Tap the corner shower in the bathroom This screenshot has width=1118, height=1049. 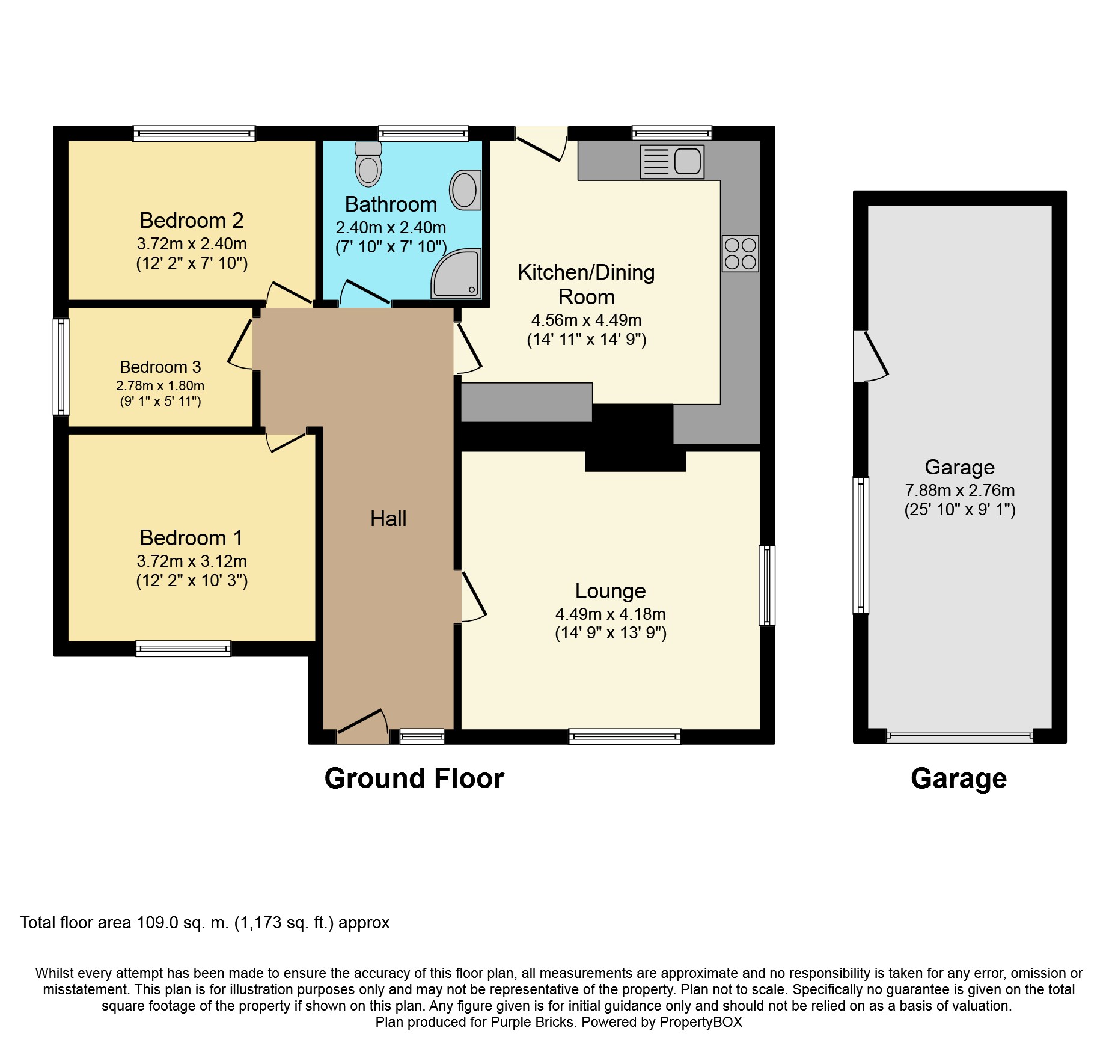point(457,275)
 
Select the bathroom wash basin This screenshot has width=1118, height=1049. point(465,190)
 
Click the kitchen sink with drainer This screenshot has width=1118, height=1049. point(672,162)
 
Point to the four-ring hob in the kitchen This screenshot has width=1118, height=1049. point(740,254)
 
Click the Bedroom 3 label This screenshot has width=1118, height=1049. point(160,367)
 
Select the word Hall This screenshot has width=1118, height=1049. point(388,519)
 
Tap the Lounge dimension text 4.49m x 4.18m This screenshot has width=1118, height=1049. point(610,614)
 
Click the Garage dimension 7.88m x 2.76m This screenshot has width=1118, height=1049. point(959,490)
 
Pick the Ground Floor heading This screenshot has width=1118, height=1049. point(414,778)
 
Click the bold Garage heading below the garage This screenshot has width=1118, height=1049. point(959,778)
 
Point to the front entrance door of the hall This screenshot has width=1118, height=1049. point(362,724)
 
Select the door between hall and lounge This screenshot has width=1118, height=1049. point(473,597)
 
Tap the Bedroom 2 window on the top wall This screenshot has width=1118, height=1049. point(194,133)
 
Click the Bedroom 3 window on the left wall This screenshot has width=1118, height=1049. point(61,367)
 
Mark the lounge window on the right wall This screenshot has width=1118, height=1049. point(766,585)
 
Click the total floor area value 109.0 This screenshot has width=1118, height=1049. point(157,923)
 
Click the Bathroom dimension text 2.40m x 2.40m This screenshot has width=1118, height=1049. point(391,228)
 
